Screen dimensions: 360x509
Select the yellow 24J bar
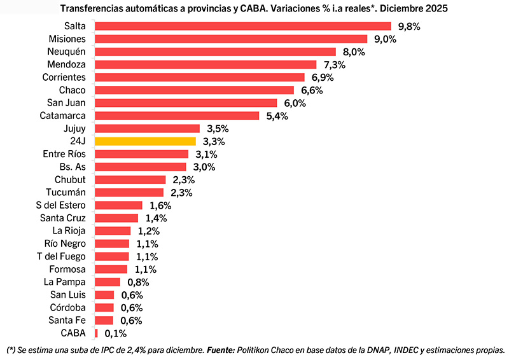145,141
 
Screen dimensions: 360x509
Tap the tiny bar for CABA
96,333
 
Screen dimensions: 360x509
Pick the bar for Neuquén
215,52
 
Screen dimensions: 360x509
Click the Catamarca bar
177,116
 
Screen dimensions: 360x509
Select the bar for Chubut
130,179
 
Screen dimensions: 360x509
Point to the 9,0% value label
385,39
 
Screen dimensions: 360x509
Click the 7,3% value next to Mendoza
334,65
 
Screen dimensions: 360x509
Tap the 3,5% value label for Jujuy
218,128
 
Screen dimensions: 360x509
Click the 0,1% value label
116,333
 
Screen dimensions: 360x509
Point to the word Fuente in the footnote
221,349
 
